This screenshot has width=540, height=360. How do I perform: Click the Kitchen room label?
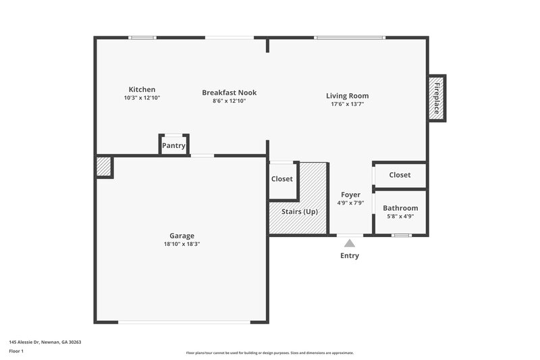(142, 89)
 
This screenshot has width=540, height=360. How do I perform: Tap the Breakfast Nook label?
(230, 93)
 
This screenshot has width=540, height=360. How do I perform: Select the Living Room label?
(347, 96)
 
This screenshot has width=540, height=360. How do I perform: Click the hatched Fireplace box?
(437, 97)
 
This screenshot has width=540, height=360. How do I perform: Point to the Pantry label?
(173, 145)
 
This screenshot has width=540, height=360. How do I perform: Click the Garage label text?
(182, 236)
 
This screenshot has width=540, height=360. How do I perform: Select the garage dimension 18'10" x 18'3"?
(182, 244)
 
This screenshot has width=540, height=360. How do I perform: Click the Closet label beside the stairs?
(282, 179)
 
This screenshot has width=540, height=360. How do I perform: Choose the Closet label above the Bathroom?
(400, 175)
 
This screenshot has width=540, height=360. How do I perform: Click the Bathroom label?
(400, 208)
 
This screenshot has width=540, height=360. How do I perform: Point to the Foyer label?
(350, 195)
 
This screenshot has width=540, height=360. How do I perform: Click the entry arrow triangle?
(349, 242)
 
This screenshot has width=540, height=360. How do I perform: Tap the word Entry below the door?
(350, 256)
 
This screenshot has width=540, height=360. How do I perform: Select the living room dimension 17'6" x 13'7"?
(347, 105)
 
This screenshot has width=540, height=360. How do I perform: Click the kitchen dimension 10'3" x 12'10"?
(142, 98)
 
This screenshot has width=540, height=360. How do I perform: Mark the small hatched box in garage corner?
(103, 167)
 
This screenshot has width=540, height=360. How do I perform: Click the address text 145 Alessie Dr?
(40, 342)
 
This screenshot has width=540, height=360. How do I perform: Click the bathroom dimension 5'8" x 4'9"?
(400, 216)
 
